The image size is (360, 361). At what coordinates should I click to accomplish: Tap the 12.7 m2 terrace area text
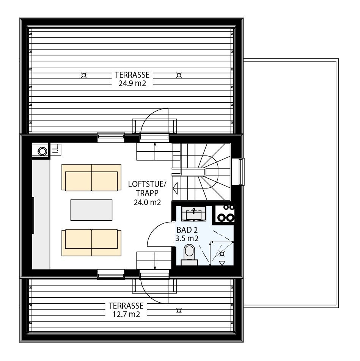126,314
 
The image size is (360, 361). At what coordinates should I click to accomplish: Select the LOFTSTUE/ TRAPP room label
147,193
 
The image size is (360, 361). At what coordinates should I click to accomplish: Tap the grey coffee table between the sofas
91,210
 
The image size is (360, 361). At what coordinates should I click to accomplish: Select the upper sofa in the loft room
91,177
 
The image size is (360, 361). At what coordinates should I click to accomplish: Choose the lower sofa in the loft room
91,243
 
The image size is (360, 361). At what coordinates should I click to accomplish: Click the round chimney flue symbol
42,151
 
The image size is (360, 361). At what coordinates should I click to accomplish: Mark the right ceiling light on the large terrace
178,75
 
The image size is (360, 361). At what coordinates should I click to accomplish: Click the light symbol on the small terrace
178,311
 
